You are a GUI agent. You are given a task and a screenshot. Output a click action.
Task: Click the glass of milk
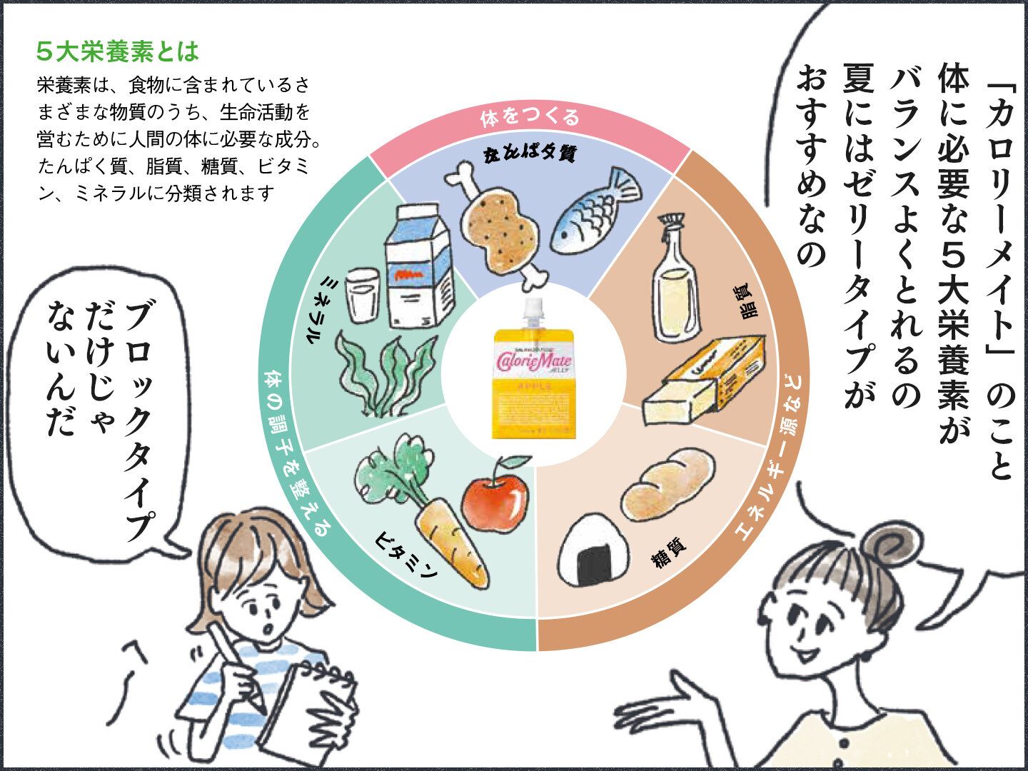point(363,297)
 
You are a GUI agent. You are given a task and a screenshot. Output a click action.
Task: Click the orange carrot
point(450,543)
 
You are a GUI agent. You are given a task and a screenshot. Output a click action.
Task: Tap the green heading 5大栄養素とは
point(117,52)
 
